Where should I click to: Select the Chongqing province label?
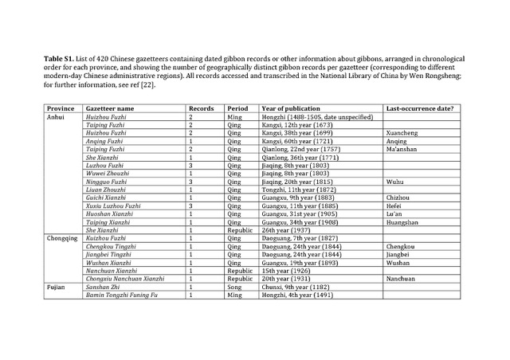(62, 238)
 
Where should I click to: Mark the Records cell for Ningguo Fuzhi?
(190, 182)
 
